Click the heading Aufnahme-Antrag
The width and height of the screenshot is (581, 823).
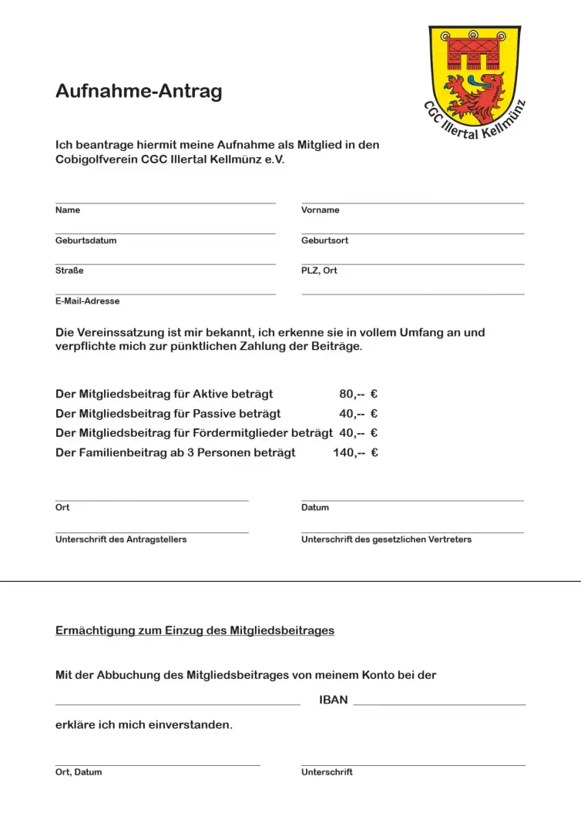[139, 92]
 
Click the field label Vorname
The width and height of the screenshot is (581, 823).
[320, 210]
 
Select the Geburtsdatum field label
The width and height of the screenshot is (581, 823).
[86, 240]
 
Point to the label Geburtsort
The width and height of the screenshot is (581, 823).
[324, 240]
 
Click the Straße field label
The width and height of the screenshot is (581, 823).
[69, 270]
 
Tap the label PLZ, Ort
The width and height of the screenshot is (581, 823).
[319, 270]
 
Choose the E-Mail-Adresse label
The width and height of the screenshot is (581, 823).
[87, 301]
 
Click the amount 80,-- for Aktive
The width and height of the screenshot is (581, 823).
[351, 394]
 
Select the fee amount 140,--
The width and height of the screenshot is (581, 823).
[348, 452]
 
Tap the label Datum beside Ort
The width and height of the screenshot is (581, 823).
[315, 508]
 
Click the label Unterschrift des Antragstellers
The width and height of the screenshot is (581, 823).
[121, 539]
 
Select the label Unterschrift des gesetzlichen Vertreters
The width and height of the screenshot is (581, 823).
[386, 539]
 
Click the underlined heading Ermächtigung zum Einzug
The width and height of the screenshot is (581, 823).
[195, 630]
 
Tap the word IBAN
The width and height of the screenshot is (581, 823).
[334, 700]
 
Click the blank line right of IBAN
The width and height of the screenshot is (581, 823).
[439, 703]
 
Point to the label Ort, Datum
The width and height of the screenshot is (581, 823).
[79, 772]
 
